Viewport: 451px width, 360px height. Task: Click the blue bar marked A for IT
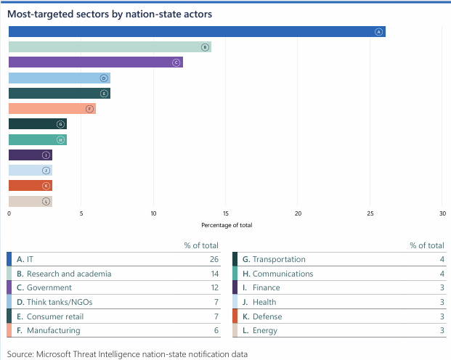196,32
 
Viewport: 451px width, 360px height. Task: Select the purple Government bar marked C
95,62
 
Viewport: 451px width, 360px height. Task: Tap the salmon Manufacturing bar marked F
52,109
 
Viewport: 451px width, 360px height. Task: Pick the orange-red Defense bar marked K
30,186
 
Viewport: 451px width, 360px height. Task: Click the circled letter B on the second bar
206,47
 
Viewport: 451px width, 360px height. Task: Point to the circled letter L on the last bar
46,201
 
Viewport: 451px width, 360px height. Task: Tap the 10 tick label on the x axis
153,213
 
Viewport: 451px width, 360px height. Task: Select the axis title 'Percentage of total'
226,225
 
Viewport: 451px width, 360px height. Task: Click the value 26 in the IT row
215,259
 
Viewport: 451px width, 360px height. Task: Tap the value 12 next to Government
215,287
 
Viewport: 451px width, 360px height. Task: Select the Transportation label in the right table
279,259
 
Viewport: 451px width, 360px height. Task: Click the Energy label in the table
266,330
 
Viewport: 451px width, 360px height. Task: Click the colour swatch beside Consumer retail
9,316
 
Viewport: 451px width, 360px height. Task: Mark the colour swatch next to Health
235,302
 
